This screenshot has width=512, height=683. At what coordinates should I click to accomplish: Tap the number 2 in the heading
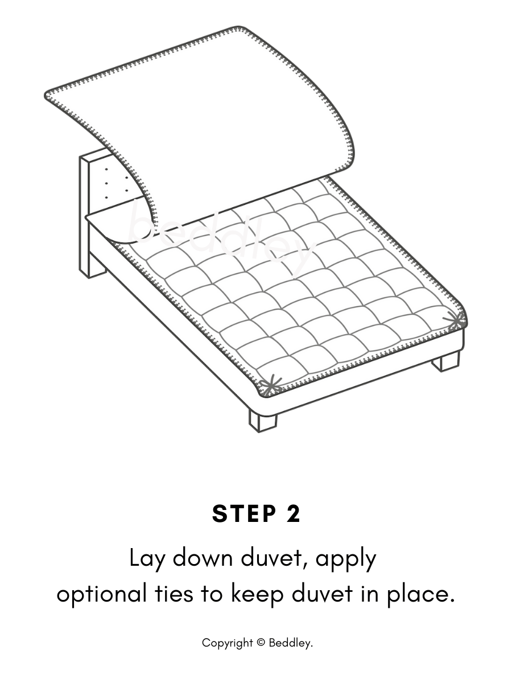tap(292, 513)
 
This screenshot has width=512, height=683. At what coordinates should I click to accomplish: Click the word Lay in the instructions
tap(147, 559)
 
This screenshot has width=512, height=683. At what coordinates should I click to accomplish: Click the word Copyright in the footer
tap(228, 643)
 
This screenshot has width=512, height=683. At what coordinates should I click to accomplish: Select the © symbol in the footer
tap(261, 643)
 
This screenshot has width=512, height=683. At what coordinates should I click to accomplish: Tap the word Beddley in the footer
tap(291, 643)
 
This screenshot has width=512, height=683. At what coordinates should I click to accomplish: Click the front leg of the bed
tap(262, 420)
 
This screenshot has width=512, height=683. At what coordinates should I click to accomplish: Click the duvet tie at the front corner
tap(270, 386)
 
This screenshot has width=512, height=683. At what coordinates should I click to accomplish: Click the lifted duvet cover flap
tap(216, 114)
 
